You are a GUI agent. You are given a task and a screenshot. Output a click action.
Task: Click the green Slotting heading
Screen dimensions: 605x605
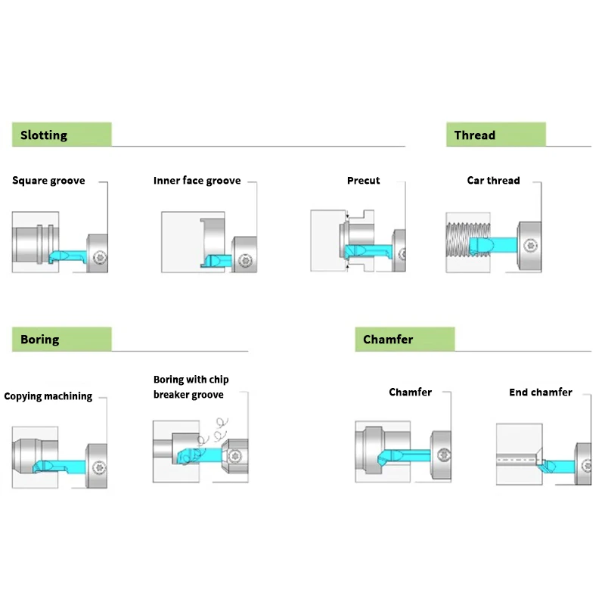tap(61, 135)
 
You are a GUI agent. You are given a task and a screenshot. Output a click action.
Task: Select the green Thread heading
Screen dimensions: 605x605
tap(495, 135)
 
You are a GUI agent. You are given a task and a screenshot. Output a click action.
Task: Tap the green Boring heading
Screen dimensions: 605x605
tap(61, 339)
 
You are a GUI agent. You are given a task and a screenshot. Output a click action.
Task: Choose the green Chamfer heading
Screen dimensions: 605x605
tap(404, 339)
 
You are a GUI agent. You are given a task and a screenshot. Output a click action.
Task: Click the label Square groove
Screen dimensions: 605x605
tap(48, 181)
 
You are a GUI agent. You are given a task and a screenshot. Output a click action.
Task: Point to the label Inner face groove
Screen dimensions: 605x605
tap(197, 181)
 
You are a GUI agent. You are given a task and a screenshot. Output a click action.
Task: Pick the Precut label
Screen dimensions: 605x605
tap(364, 181)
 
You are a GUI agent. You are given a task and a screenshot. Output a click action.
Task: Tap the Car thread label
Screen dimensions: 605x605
tap(493, 181)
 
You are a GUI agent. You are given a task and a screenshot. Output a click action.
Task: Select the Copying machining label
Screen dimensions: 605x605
tap(48, 396)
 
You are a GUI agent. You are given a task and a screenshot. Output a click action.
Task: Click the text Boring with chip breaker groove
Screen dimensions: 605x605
tap(190, 387)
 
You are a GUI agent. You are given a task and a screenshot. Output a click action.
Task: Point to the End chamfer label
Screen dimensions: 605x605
tap(540, 392)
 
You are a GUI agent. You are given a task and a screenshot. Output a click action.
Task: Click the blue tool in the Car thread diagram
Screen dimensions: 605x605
tap(492, 245)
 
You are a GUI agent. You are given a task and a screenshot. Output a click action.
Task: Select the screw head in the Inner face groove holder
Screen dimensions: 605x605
tap(244, 261)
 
